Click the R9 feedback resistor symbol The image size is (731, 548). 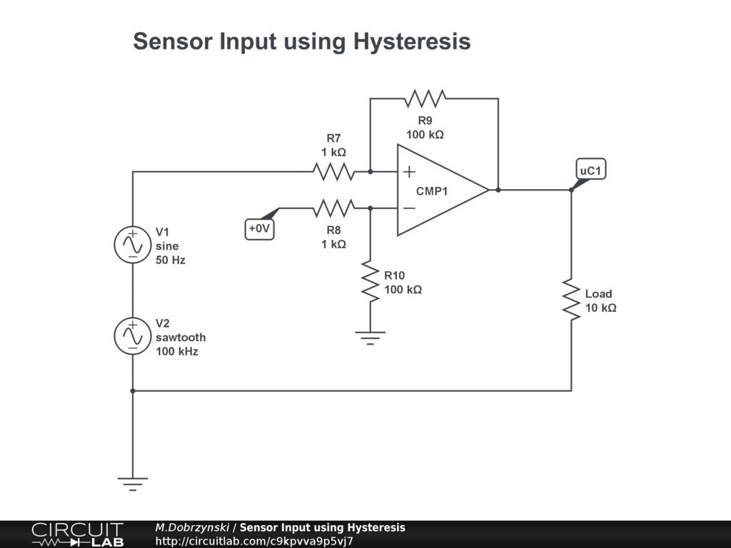click(x=425, y=98)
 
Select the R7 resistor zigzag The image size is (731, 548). click(x=333, y=171)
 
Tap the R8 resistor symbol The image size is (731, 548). click(x=333, y=208)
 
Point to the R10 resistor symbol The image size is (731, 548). click(x=370, y=282)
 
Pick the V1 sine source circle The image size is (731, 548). click(x=133, y=245)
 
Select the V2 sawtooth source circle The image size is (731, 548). click(x=133, y=335)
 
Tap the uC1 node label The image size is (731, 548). click(x=591, y=171)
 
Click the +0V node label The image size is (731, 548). click(x=260, y=229)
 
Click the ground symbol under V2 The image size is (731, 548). click(x=133, y=483)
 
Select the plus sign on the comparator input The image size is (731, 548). click(x=409, y=171)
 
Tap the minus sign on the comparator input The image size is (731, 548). click(x=409, y=208)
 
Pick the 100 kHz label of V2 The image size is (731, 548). click(x=177, y=351)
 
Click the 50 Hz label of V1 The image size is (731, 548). click(x=171, y=260)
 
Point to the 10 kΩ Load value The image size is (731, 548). click(x=600, y=308)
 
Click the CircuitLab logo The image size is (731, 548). click(x=77, y=534)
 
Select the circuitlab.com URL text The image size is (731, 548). click(x=254, y=541)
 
